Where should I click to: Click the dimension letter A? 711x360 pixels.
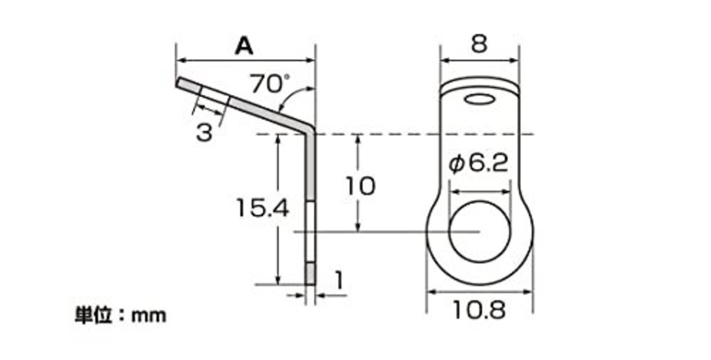coord(244,46)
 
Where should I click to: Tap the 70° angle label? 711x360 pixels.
coord(269,83)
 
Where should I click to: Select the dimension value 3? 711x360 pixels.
coord(204,132)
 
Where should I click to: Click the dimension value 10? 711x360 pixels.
coord(360,186)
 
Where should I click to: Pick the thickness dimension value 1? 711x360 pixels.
coord(339,281)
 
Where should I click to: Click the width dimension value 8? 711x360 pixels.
coord(479,43)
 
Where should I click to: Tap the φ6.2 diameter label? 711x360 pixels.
coord(478,164)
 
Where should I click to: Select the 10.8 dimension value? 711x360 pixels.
coord(479,310)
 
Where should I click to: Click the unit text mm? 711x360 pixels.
coord(148,316)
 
